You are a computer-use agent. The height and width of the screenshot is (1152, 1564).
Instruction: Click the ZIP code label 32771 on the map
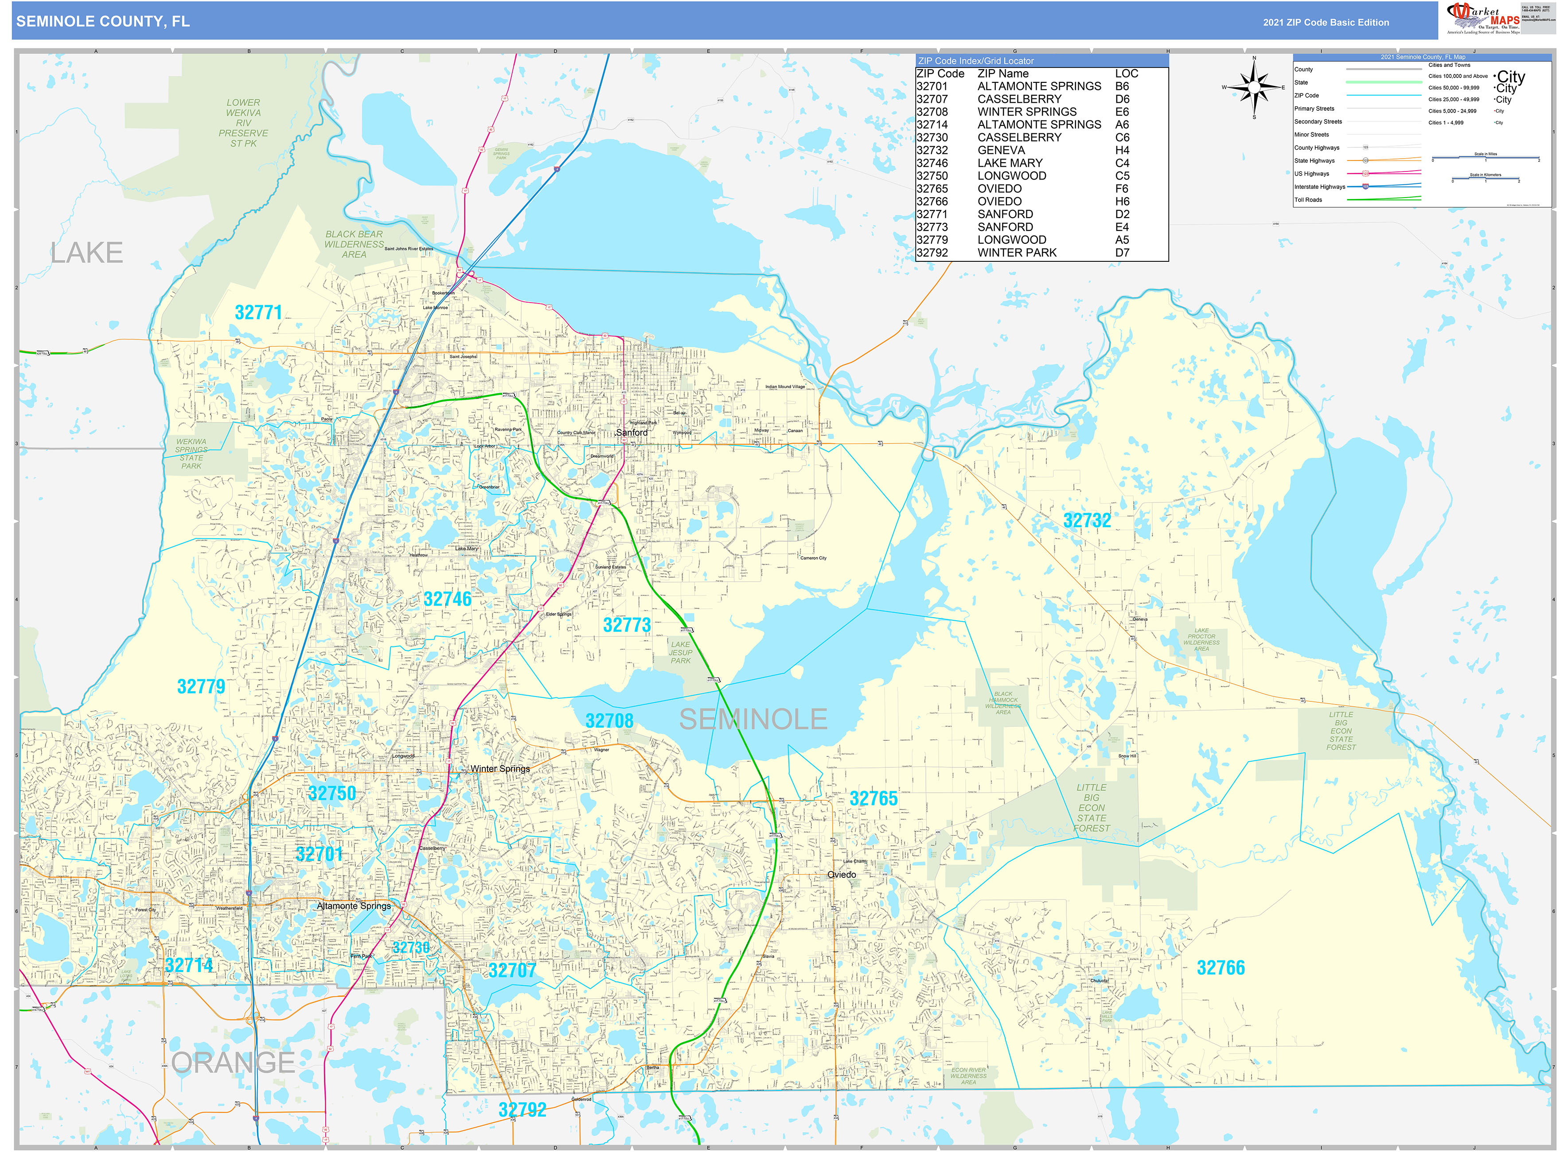pyautogui.click(x=258, y=312)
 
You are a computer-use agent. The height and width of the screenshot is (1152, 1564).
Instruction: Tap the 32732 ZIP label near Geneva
pyautogui.click(x=1086, y=520)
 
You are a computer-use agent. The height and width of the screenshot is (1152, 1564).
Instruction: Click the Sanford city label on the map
pyautogui.click(x=632, y=432)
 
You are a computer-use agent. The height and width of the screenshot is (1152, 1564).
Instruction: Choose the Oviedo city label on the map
pyautogui.click(x=841, y=875)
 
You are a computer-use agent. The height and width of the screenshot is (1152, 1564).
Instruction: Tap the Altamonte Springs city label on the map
pyautogui.click(x=354, y=906)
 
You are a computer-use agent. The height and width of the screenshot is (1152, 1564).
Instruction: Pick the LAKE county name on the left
pyautogui.click(x=86, y=253)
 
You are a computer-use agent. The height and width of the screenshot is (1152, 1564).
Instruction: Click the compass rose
pyautogui.click(x=1254, y=88)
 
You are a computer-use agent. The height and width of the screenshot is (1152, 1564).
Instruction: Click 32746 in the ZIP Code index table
pyautogui.click(x=932, y=163)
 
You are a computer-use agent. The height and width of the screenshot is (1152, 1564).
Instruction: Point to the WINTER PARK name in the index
pyautogui.click(x=1016, y=253)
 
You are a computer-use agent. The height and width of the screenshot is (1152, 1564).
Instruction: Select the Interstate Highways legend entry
pyautogui.click(x=1319, y=187)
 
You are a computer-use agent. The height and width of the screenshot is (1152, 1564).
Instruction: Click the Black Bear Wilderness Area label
pyautogui.click(x=354, y=244)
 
